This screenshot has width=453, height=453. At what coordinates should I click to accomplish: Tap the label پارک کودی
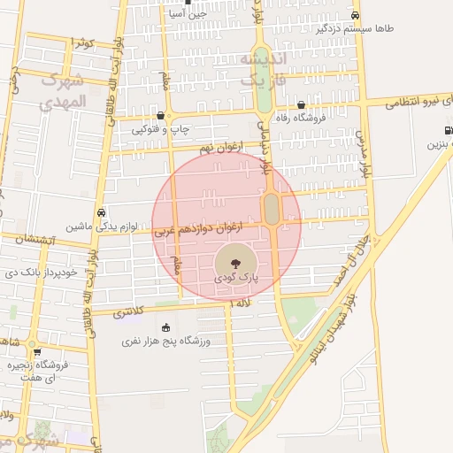234,278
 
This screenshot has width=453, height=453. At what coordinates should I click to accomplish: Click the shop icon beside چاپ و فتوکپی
159,115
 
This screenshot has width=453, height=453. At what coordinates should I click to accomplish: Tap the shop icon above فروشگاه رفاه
301,104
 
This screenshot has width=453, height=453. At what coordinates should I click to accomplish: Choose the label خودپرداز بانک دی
42,273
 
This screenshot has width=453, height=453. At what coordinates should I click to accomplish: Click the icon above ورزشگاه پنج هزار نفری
167,328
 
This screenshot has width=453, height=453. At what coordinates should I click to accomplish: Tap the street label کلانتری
128,311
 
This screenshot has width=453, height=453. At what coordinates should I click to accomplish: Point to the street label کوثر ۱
84,42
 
